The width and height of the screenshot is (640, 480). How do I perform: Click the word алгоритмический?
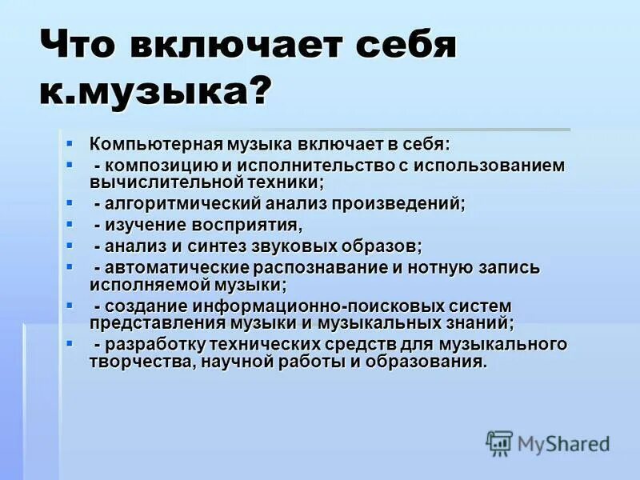point(174,203)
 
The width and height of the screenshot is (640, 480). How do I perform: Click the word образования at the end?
point(433,361)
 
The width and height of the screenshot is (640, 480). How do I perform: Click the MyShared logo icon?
point(499,442)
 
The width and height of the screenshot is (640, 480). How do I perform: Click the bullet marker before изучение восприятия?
point(70,224)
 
